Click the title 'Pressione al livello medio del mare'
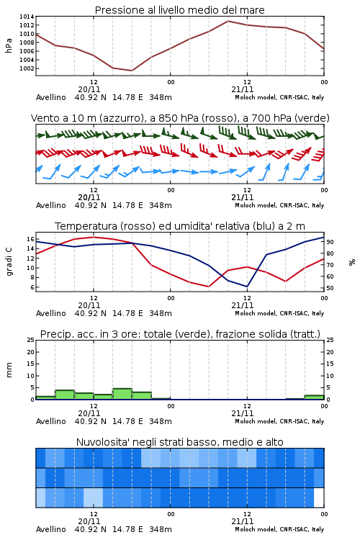click(179, 10)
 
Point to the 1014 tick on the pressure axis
click(27, 17)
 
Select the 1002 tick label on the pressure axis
click(27, 68)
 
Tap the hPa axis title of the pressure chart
click(9, 46)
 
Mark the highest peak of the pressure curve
click(228, 21)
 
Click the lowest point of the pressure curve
click(132, 71)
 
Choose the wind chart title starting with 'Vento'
click(180, 118)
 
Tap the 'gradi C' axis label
click(9, 262)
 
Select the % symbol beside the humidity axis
click(352, 262)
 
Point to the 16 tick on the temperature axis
click(30, 239)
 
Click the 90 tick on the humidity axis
click(330, 242)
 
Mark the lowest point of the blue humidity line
click(247, 287)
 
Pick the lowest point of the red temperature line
click(208, 287)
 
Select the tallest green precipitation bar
click(122, 394)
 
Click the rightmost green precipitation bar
click(314, 397)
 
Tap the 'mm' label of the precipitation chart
click(9, 370)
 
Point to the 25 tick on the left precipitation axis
click(30, 340)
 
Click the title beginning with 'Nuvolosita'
click(179, 442)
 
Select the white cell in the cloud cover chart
click(319, 498)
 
